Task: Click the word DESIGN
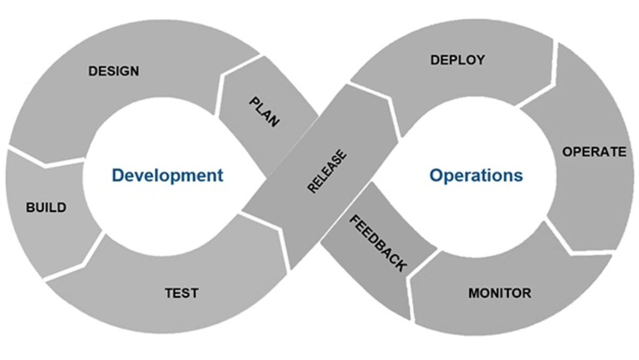pos(114,71)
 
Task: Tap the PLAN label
pos(264,112)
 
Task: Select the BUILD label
pos(46,207)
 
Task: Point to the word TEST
pos(182,293)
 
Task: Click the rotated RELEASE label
pos(327,171)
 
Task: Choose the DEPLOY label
pos(458,60)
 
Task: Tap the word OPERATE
pos(595,152)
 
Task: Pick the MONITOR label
pos(500,293)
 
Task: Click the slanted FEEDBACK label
pos(378,243)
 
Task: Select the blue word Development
pos(167,175)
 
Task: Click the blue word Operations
pos(476,176)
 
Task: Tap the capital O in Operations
pos(436,175)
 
